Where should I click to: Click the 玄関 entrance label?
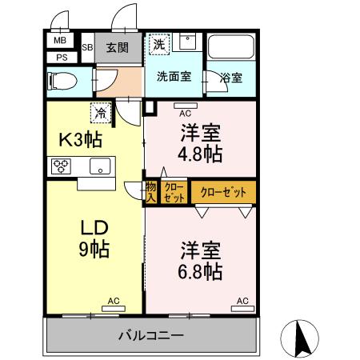click(x=118, y=47)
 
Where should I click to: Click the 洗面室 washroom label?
click(x=174, y=78)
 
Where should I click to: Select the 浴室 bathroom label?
click(x=232, y=78)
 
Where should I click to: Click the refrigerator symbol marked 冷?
click(x=102, y=114)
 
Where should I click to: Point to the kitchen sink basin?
click(x=101, y=166)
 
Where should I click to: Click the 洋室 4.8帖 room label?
click(x=200, y=142)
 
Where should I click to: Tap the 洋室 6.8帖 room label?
click(x=200, y=259)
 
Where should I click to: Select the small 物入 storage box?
click(x=151, y=192)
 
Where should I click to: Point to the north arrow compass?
click(x=302, y=338)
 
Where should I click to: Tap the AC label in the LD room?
click(x=114, y=301)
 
